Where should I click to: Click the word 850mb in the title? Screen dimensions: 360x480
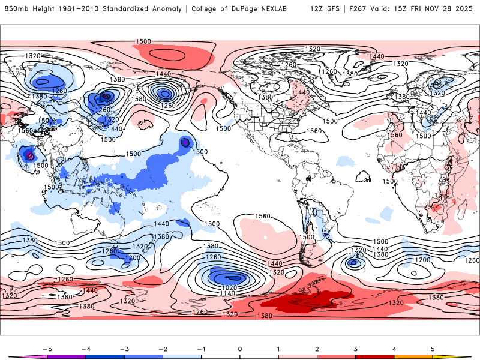pos(16,9)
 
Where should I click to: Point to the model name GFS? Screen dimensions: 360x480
pos(333,9)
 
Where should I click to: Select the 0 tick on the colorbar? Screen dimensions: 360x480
pos(240,349)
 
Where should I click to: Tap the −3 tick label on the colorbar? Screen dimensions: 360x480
pos(124,349)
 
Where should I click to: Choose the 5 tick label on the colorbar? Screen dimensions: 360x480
pos(433,349)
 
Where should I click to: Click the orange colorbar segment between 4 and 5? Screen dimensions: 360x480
pos(413,356)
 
